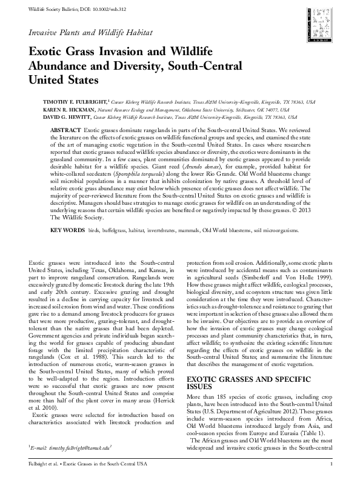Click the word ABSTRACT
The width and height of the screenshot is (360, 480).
pos(65,130)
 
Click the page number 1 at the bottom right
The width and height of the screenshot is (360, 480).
pos(331,464)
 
